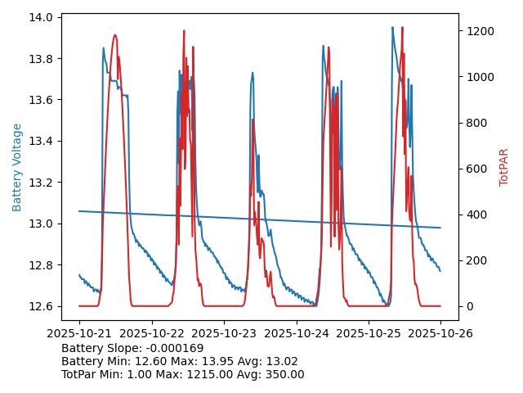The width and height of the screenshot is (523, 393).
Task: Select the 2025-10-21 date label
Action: (79, 333)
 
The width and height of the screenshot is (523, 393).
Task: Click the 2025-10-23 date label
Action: (224, 333)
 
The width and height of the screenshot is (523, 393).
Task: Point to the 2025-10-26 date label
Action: (440, 333)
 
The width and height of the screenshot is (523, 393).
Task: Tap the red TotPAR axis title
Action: (504, 167)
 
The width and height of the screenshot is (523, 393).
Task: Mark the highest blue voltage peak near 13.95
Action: (392, 28)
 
